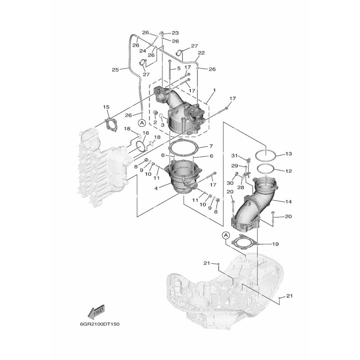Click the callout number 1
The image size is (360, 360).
(x=214, y=90)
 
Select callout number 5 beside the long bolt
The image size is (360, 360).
(x=178, y=68)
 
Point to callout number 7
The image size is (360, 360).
(x=210, y=147)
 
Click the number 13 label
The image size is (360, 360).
(x=288, y=154)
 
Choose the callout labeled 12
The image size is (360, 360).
(x=288, y=171)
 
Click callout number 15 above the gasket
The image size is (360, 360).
(x=106, y=107)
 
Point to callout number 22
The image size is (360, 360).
(x=201, y=53)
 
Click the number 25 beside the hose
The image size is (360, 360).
(x=115, y=69)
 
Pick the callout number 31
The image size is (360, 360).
(x=234, y=156)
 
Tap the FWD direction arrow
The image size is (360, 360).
(x=97, y=310)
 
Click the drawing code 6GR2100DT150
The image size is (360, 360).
(x=100, y=323)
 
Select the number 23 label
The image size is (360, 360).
(x=175, y=32)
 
